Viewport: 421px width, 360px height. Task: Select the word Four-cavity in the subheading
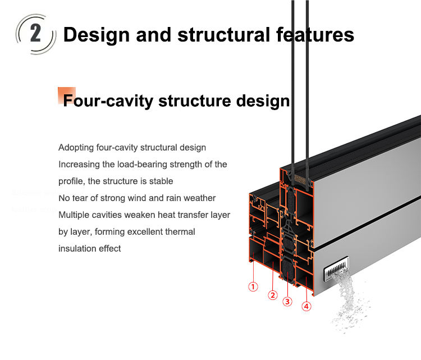[108, 101]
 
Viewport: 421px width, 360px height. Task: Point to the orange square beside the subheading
[66, 95]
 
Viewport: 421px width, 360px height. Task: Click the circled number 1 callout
[253, 286]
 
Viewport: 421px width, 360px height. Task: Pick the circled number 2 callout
[273, 295]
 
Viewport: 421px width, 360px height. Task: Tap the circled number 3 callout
[287, 302]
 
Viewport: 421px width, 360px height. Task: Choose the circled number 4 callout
[306, 306]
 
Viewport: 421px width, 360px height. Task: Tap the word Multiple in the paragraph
[74, 215]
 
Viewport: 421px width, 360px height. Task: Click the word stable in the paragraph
[162, 181]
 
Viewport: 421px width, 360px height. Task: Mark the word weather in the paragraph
[199, 198]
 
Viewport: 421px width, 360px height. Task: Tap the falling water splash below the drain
[346, 303]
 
